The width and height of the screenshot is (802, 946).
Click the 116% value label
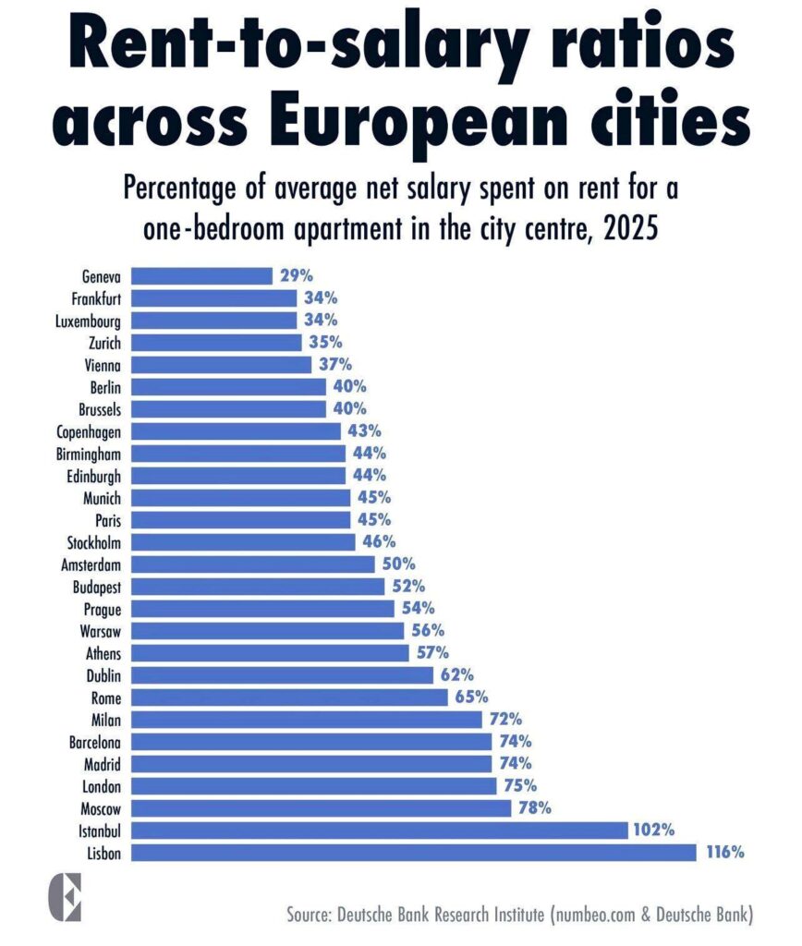pyautogui.click(x=725, y=852)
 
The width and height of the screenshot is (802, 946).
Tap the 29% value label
pyautogui.click(x=297, y=275)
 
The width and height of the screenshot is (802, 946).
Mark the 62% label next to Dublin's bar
pyautogui.click(x=457, y=674)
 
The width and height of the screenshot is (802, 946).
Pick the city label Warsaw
pyautogui.click(x=102, y=630)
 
